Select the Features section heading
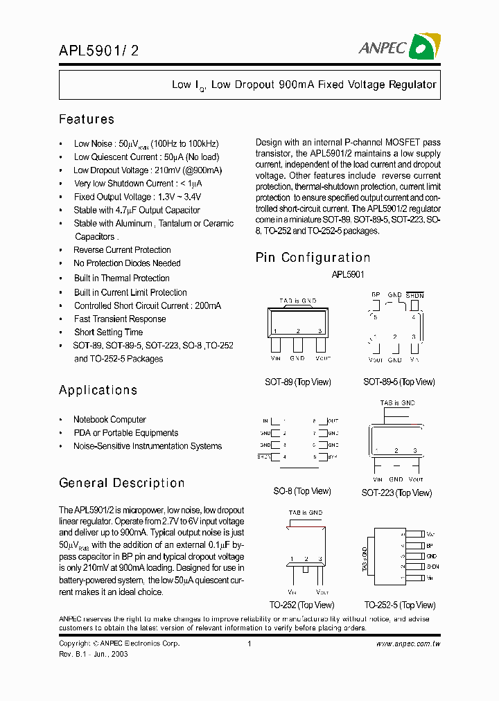click(x=87, y=119)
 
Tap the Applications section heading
click(x=98, y=390)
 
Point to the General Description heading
click(x=122, y=483)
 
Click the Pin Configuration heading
click(x=313, y=258)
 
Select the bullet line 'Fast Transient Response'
click(x=120, y=319)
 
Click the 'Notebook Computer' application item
click(x=110, y=420)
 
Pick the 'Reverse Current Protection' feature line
click(x=122, y=250)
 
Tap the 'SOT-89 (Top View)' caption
click(x=298, y=382)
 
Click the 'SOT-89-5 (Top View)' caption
click(x=399, y=382)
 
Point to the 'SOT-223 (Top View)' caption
click(x=396, y=493)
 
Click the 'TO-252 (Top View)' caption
click(x=298, y=605)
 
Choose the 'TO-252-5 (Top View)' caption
click(x=399, y=605)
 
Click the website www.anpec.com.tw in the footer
click(x=408, y=644)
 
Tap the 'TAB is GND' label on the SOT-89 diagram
click(x=297, y=301)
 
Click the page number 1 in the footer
click(x=249, y=644)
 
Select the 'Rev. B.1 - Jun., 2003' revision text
click(x=94, y=654)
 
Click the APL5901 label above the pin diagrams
click(x=348, y=274)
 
